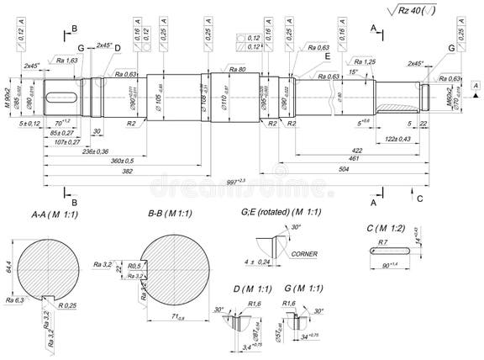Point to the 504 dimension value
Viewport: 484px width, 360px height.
point(368,168)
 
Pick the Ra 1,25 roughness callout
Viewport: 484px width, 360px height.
point(364,61)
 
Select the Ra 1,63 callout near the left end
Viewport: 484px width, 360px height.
point(68,61)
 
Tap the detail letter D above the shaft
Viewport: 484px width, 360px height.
point(118,49)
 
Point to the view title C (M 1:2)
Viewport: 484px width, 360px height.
point(387,227)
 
